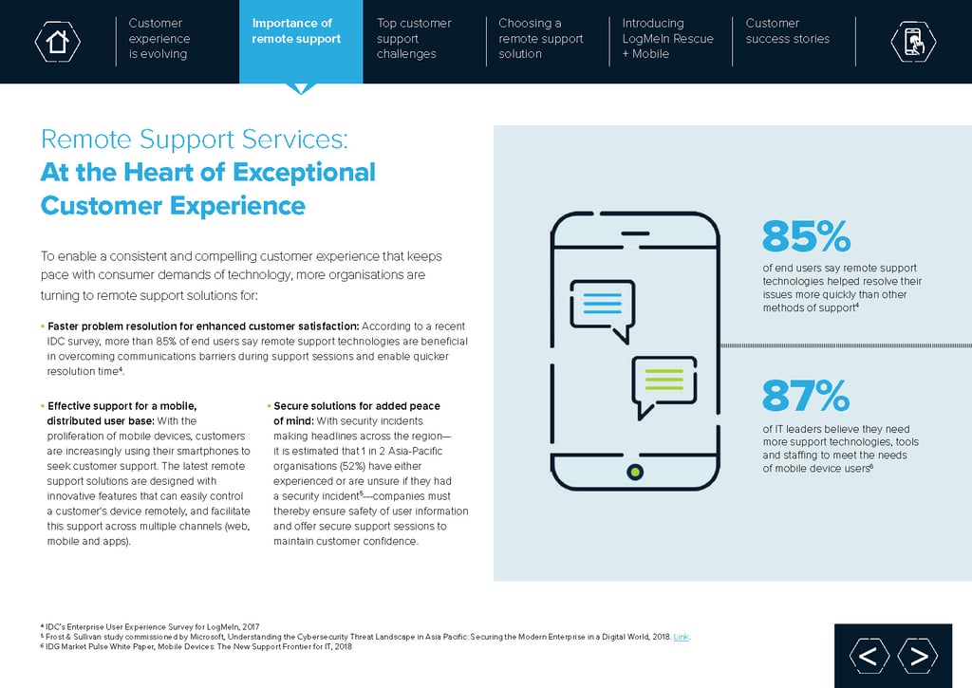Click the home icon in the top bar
[57, 41]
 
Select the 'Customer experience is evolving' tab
[159, 39]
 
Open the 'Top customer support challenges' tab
[414, 39]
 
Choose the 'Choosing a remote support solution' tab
[540, 39]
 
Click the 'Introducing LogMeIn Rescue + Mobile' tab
[667, 39]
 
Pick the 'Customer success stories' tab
[787, 31]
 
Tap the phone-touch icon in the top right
[913, 41]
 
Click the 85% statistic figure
[806, 237]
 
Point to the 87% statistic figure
[806, 397]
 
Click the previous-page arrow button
[869, 656]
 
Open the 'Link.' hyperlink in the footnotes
[682, 637]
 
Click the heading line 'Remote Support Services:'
[195, 140]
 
